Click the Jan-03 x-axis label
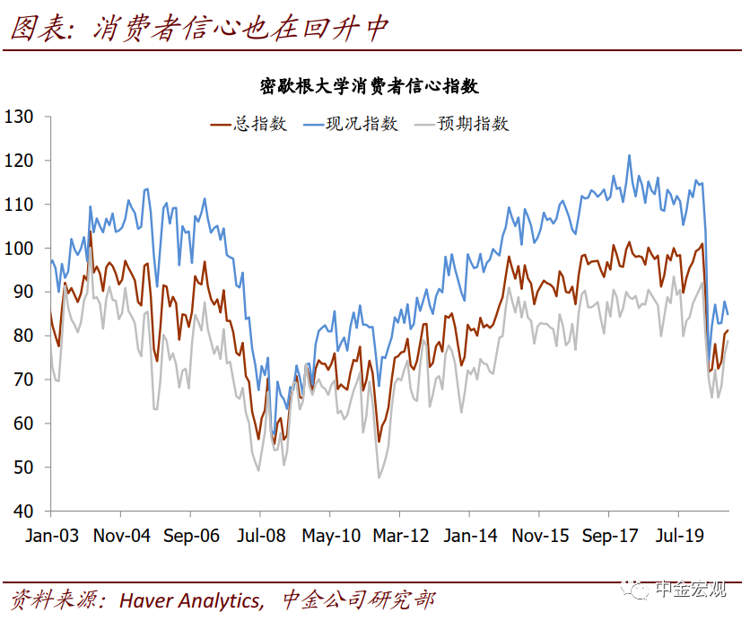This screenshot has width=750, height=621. [x=51, y=536]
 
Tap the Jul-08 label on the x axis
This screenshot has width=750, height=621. [x=260, y=536]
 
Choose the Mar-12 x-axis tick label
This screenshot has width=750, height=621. [x=400, y=536]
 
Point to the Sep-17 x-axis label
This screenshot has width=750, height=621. [x=609, y=536]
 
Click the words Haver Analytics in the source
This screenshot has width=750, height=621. [x=190, y=599]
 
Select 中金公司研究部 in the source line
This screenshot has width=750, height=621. [x=358, y=599]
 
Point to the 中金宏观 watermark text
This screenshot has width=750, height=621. [x=690, y=590]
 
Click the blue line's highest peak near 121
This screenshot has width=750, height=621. [x=629, y=155]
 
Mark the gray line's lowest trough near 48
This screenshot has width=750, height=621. [x=379, y=477]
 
